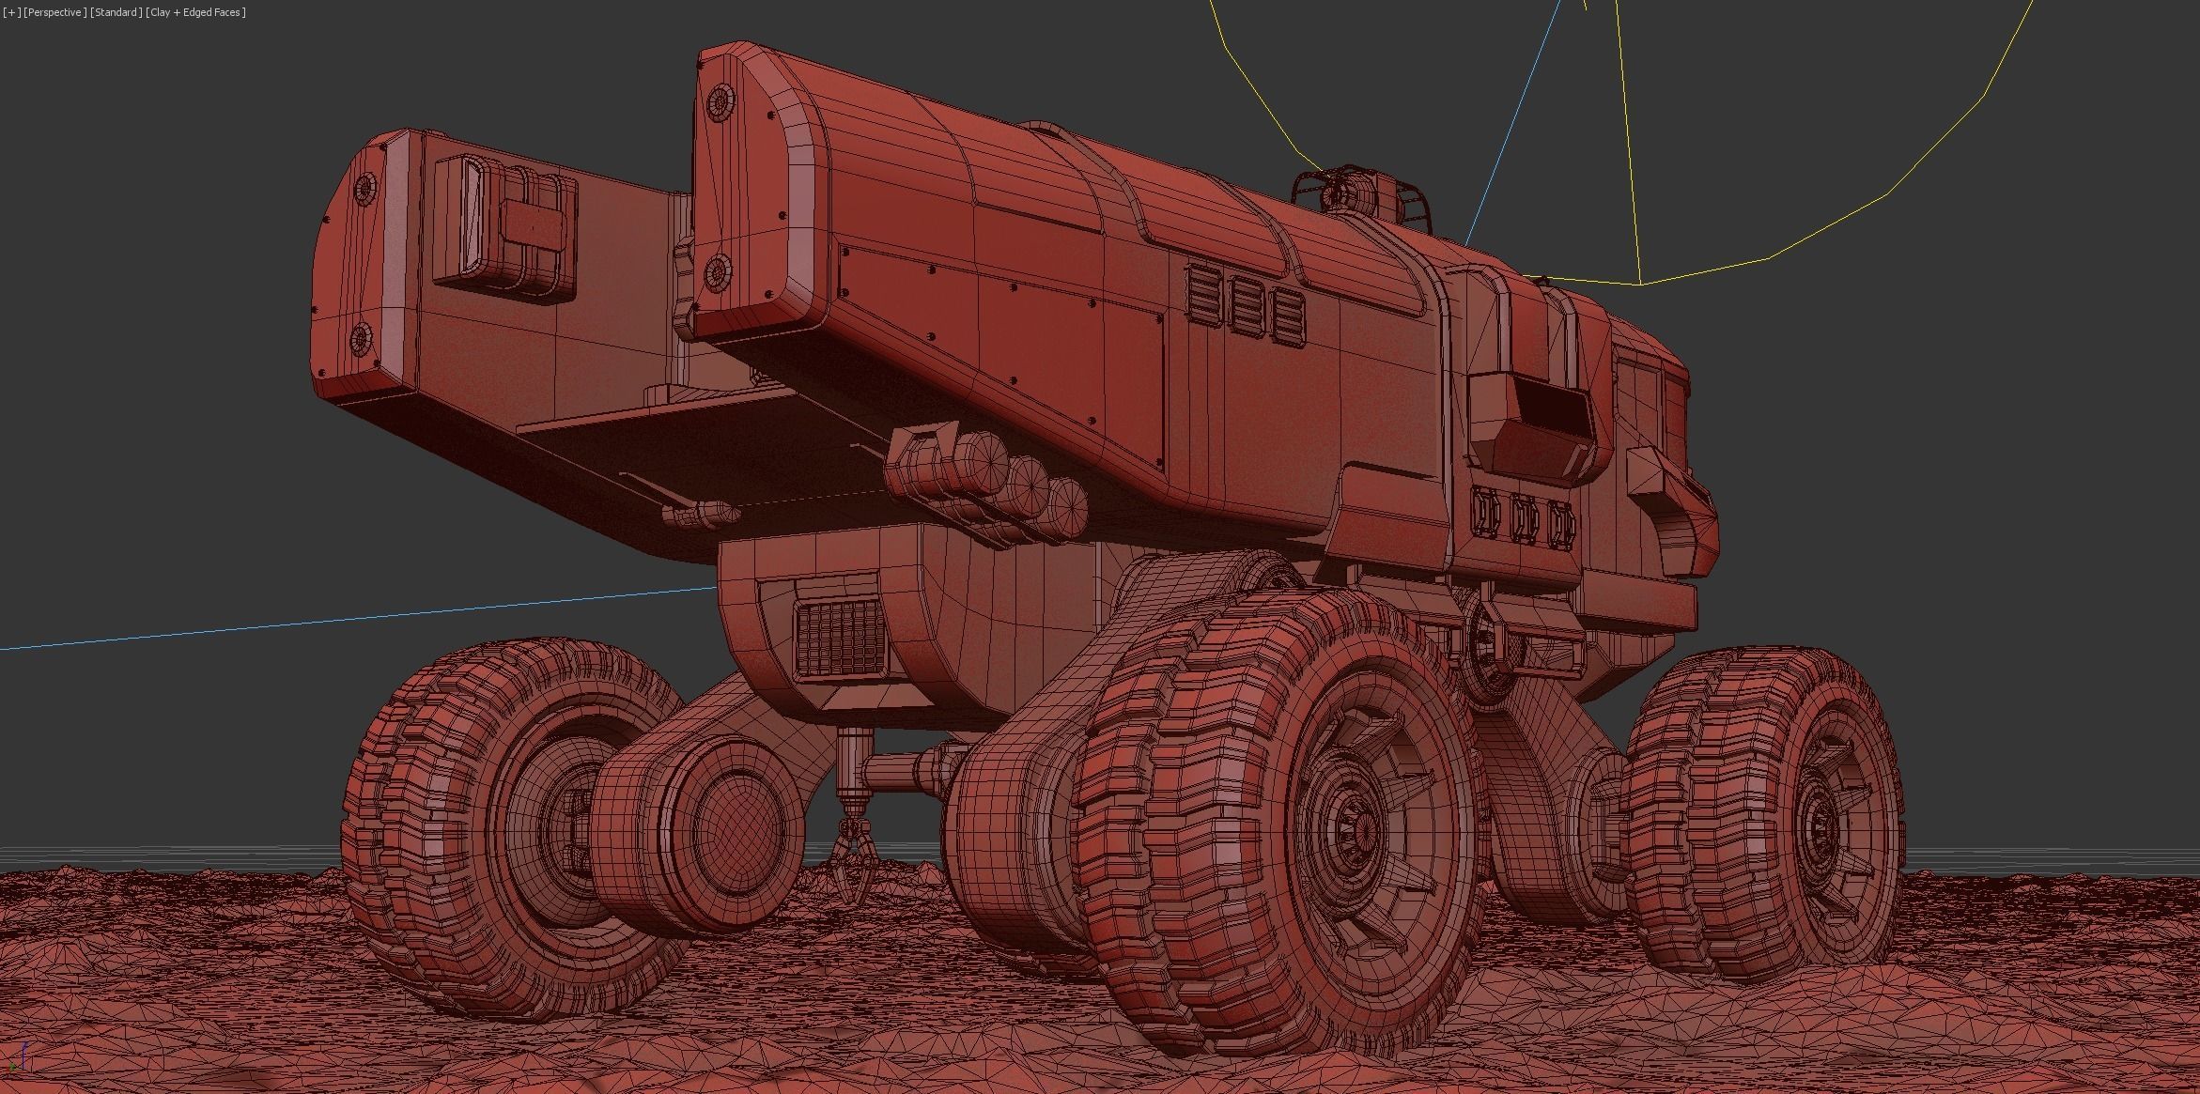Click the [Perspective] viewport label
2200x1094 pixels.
click(55, 12)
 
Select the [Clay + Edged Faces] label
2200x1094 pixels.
click(196, 12)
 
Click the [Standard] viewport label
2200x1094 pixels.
click(116, 12)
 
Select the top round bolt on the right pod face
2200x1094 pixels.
click(720, 100)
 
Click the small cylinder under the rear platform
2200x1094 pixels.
click(701, 513)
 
